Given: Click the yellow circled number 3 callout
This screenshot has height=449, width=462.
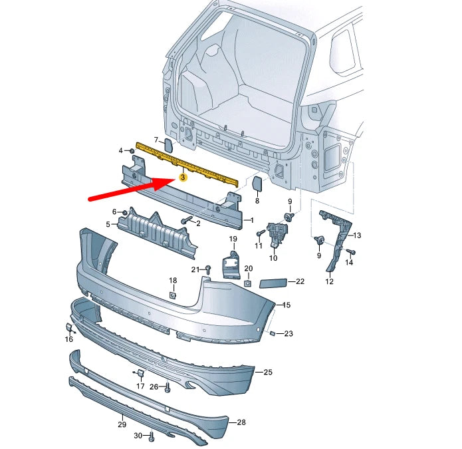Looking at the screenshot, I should (x=183, y=177).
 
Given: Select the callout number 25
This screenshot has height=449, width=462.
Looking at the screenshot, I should (x=268, y=373).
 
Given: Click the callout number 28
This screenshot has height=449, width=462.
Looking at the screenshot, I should (x=241, y=422).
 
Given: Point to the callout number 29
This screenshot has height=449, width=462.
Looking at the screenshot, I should (x=122, y=424).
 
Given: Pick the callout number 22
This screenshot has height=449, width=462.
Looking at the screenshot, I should (x=300, y=281).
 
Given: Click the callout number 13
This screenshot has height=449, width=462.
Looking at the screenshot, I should (x=357, y=235).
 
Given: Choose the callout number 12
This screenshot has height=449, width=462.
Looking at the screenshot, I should (x=329, y=281).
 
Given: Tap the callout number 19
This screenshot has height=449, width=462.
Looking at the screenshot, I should (x=233, y=238).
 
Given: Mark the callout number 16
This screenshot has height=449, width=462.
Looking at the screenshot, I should (x=69, y=339).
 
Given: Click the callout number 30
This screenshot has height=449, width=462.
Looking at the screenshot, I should (x=138, y=436).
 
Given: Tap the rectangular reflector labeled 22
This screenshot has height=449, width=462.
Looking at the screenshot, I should (x=273, y=283).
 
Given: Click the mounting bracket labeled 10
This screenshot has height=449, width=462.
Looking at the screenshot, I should (x=275, y=233).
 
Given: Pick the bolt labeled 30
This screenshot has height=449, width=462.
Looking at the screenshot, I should (x=152, y=436).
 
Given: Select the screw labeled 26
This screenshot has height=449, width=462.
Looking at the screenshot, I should (x=166, y=386).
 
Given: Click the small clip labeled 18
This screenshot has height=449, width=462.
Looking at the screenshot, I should (x=172, y=295).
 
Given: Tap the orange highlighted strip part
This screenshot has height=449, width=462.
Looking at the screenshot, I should (x=186, y=162).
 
